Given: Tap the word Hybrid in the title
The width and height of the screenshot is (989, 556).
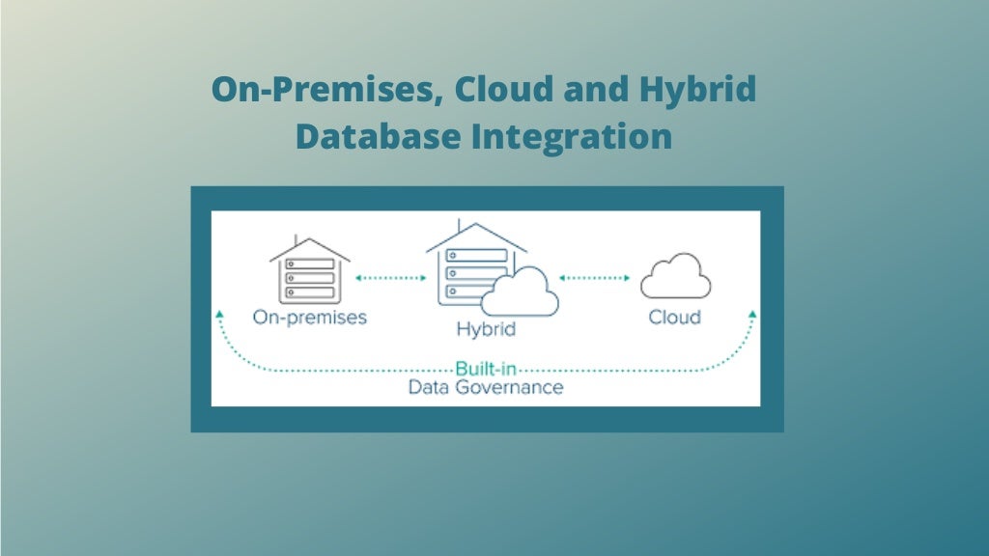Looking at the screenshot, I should click(x=697, y=90).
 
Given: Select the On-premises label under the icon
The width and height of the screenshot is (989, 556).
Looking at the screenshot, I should click(x=309, y=317).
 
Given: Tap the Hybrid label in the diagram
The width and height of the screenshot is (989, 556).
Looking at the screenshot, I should click(x=486, y=329).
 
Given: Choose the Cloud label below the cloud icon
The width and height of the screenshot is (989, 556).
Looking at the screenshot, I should click(x=674, y=317).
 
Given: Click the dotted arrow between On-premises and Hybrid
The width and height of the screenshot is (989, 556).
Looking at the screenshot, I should click(x=391, y=278).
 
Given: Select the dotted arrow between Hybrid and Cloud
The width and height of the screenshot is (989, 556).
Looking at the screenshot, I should click(x=595, y=278).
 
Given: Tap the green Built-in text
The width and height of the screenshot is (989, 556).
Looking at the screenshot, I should click(x=485, y=369).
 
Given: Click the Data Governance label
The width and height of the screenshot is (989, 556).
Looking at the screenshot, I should click(x=485, y=387).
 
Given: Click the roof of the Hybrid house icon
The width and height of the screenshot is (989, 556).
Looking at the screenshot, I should click(x=476, y=233).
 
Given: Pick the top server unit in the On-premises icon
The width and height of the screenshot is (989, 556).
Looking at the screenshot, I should click(x=310, y=264).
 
